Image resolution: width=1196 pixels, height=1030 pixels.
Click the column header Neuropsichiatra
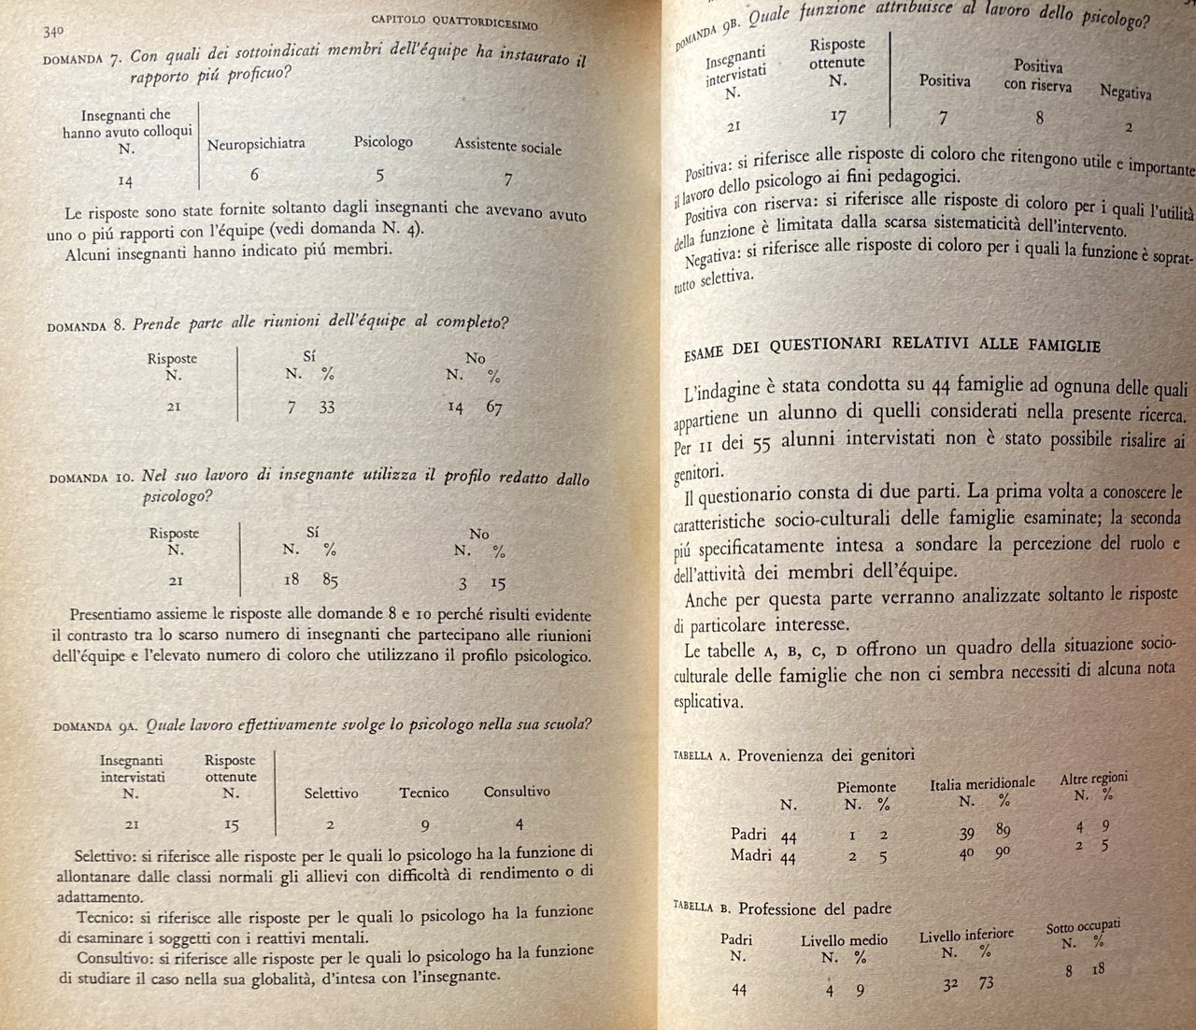pyautogui.click(x=256, y=144)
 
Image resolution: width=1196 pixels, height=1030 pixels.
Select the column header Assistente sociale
pyautogui.click(x=507, y=146)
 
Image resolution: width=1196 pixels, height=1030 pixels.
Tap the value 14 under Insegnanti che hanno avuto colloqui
pyautogui.click(x=126, y=179)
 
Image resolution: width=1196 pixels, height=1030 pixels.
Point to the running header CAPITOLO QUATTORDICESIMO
pyautogui.click(x=454, y=21)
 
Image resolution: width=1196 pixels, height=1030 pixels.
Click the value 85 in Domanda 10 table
pyautogui.click(x=330, y=580)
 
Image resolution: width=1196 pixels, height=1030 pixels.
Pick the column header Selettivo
pyautogui.click(x=331, y=794)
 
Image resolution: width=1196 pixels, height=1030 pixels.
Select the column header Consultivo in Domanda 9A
pyautogui.click(x=517, y=792)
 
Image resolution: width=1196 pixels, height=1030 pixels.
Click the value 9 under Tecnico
pyautogui.click(x=424, y=825)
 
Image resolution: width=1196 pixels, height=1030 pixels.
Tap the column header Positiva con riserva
pyautogui.click(x=1038, y=76)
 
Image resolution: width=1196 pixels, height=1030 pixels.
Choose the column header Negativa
pyautogui.click(x=1125, y=93)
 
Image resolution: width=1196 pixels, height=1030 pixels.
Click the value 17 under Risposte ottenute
pyautogui.click(x=837, y=116)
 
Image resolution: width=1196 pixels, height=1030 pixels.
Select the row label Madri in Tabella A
pyautogui.click(x=751, y=855)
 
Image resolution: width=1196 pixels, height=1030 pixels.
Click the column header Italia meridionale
pyautogui.click(x=982, y=783)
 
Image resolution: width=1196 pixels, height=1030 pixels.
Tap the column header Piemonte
pyautogui.click(x=866, y=787)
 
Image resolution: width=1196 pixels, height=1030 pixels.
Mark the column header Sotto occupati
pyautogui.click(x=1083, y=926)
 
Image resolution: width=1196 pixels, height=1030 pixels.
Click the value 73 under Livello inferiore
pyautogui.click(x=986, y=983)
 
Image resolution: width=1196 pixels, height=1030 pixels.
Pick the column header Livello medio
pyautogui.click(x=844, y=940)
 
